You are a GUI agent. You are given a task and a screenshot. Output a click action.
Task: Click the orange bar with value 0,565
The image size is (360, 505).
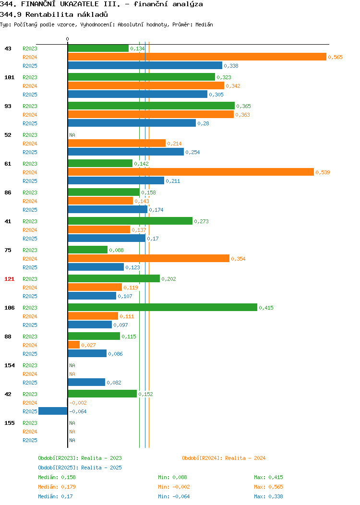point(197,57)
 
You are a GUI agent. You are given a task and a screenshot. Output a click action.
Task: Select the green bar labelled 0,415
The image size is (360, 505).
point(163,308)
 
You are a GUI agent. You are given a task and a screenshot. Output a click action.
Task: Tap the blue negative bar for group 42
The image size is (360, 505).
point(53,411)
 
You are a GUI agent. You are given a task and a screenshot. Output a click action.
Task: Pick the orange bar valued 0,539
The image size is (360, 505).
point(191,172)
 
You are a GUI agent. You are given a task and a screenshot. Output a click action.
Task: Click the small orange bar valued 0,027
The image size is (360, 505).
point(74,345)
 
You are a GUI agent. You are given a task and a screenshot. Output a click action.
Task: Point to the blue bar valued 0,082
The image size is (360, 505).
point(86,382)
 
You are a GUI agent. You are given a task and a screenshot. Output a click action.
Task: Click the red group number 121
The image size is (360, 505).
point(9,279)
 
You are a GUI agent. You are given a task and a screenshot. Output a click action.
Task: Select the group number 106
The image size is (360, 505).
point(9,308)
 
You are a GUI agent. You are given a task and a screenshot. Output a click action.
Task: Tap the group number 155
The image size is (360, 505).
point(9,423)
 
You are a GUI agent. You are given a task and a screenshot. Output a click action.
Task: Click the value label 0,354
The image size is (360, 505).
point(238,259)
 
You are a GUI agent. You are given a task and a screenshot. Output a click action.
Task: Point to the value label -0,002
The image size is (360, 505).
point(78,403)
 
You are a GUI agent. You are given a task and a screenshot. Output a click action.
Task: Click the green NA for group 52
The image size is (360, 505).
point(72,135)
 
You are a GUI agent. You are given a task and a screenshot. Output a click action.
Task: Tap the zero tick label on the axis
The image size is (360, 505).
point(67,39)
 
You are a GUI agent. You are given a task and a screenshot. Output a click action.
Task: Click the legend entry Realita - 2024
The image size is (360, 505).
point(224,458)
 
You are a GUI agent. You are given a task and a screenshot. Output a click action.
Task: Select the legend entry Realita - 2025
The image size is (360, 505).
point(80,468)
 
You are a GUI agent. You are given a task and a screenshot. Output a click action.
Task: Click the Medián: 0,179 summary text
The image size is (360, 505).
point(57,487)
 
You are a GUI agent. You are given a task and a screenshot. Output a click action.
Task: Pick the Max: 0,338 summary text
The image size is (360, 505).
point(268,496)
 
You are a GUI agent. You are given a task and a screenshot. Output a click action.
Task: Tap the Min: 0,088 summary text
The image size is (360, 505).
point(172,477)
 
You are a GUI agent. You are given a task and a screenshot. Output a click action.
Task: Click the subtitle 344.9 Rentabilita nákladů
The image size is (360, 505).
point(54,14)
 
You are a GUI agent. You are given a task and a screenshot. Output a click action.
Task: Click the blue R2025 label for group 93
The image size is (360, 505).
point(30,123)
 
